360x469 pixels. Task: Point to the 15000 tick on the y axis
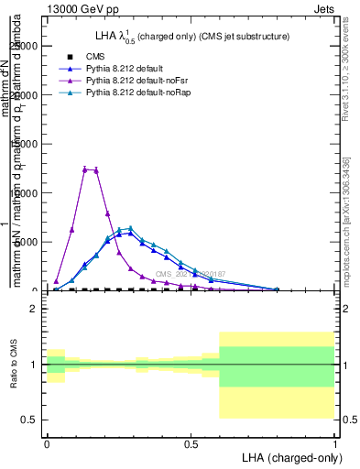pos(27,145)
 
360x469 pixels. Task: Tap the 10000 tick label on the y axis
pos(27,193)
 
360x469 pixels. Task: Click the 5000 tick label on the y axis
pos(29,242)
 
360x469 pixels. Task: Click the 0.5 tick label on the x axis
pos(191,443)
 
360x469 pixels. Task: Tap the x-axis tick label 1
pos(335,443)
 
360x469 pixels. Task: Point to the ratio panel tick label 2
pos(33,309)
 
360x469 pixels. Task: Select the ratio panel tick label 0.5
pos(29,420)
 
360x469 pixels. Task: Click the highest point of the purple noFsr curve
pos(84,169)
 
